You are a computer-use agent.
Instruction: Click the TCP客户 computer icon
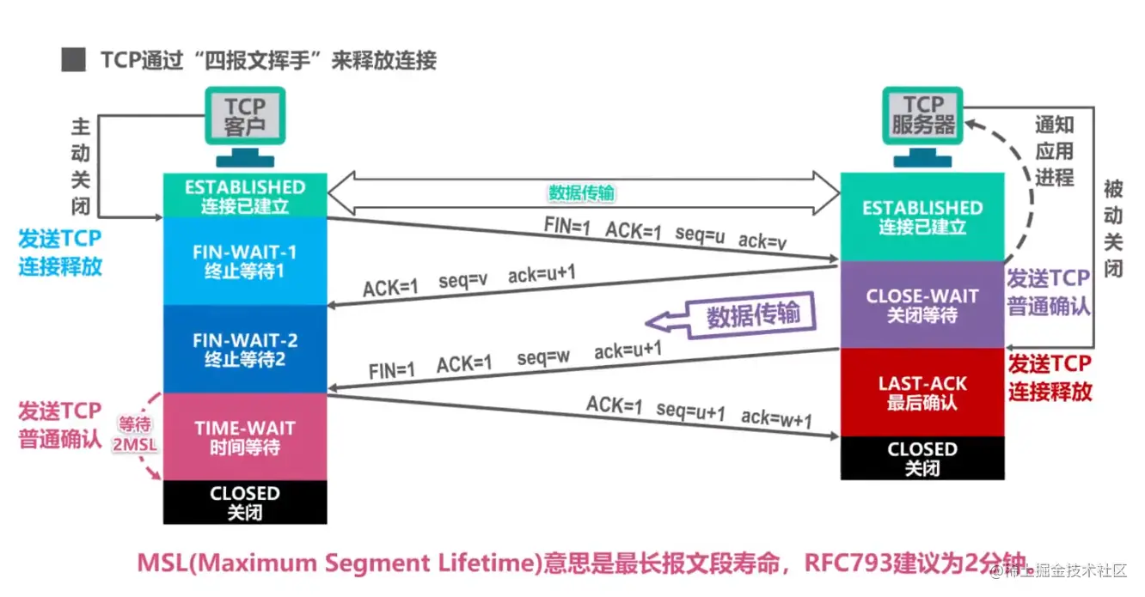245,125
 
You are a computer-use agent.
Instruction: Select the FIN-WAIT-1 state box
245,261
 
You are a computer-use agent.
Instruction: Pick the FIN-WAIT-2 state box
245,349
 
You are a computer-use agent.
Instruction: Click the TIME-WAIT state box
245,436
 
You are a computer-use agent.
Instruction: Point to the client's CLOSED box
245,502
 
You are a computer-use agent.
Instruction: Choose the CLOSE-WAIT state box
922,305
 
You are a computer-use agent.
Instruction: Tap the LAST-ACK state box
922,393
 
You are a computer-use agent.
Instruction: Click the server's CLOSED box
922,458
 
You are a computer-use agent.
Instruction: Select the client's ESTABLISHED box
245,196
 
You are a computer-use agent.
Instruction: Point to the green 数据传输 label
582,193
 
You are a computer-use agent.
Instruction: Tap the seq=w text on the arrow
544,358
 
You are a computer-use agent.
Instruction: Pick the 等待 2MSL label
135,434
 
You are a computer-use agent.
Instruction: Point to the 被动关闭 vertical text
1114,228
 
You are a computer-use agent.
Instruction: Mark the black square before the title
74,60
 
